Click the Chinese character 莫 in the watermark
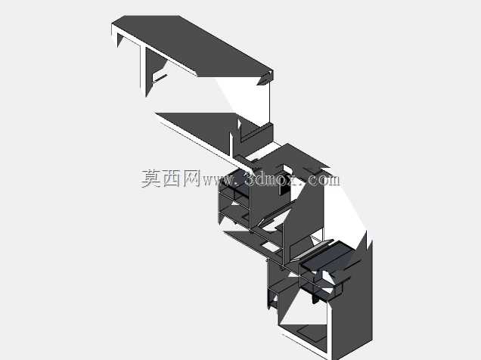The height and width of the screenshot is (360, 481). [151, 178]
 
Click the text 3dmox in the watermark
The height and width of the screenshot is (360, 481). [274, 179]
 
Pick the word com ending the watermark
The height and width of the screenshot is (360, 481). [324, 180]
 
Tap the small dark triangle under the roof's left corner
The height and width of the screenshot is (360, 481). [120, 40]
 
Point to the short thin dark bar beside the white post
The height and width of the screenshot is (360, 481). [160, 79]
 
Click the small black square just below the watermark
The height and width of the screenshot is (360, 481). [284, 190]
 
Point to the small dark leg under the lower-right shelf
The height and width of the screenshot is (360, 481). [315, 299]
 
